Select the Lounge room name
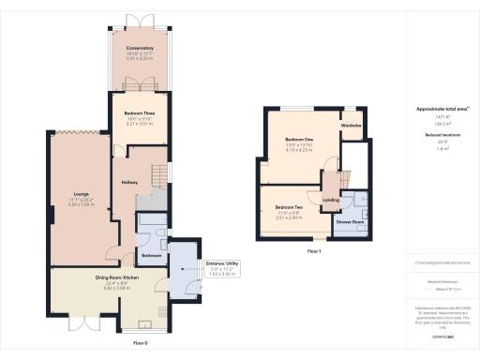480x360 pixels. click(x=81, y=194)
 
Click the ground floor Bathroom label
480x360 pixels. click(x=152, y=255)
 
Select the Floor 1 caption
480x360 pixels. click(x=314, y=251)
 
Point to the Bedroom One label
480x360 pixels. click(x=299, y=140)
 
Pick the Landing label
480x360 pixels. click(x=330, y=200)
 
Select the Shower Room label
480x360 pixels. click(x=351, y=222)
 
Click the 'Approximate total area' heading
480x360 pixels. click(x=436, y=110)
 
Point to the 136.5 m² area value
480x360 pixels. click(x=436, y=123)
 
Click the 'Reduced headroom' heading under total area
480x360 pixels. click(x=436, y=134)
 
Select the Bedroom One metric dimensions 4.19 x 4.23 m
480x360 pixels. click(x=299, y=151)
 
